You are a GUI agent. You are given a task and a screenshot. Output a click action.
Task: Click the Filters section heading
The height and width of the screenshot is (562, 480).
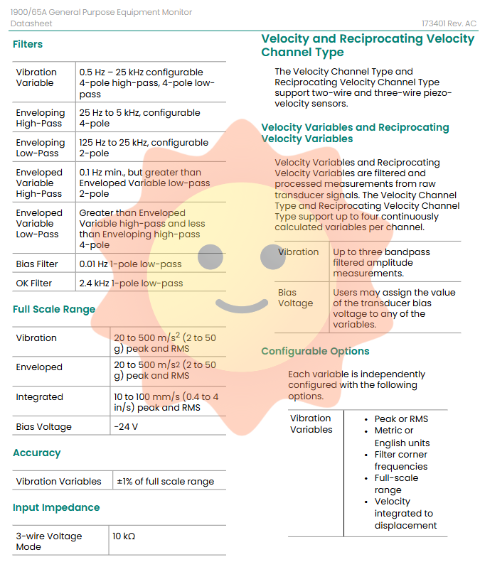click(28, 44)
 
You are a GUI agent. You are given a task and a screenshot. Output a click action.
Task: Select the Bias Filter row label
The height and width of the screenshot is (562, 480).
click(37, 264)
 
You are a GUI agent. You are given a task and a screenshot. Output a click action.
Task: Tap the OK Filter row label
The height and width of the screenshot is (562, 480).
click(34, 283)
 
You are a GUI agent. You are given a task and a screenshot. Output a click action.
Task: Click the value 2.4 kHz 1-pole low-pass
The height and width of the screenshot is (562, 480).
click(131, 283)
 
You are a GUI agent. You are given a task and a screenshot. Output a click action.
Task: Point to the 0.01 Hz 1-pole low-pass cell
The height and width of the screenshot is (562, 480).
click(130, 264)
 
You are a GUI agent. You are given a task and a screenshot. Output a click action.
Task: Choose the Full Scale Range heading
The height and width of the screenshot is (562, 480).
click(54, 309)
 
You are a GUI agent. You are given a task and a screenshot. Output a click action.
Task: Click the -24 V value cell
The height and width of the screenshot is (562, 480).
click(125, 427)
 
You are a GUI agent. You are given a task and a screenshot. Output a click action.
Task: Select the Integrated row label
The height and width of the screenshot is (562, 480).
click(40, 397)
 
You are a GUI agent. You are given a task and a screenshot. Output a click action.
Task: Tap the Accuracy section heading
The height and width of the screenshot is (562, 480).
click(37, 453)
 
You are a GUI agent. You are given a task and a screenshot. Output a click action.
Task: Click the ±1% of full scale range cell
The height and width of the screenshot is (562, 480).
click(165, 481)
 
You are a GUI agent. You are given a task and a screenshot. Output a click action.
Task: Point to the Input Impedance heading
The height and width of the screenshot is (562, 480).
click(56, 507)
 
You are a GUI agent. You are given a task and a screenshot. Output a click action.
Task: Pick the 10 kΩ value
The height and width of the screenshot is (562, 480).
click(123, 536)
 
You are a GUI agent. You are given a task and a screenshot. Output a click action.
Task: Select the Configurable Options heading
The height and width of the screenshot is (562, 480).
click(315, 351)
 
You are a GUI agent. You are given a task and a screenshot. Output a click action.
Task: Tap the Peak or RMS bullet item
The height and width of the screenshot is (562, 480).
click(401, 418)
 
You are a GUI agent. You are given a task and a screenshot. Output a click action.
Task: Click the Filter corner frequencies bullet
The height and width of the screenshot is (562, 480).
click(401, 460)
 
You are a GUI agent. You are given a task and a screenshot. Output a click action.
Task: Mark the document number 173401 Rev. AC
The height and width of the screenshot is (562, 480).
click(449, 23)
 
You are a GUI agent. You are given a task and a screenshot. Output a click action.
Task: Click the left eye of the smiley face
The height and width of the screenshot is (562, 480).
click(210, 258)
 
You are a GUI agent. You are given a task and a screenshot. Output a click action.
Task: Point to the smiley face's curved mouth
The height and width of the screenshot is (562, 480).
click(241, 306)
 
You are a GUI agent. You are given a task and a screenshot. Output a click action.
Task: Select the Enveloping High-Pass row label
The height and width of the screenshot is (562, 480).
click(41, 118)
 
